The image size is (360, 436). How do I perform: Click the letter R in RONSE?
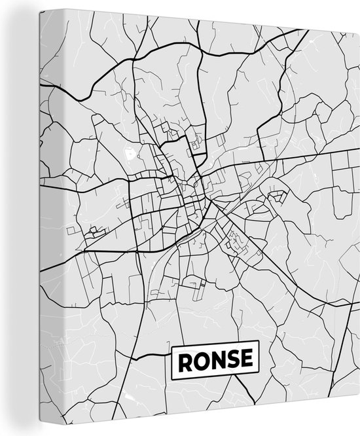(184, 359)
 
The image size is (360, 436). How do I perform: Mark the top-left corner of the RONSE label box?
(171, 343)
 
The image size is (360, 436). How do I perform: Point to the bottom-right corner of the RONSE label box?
(260, 375)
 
